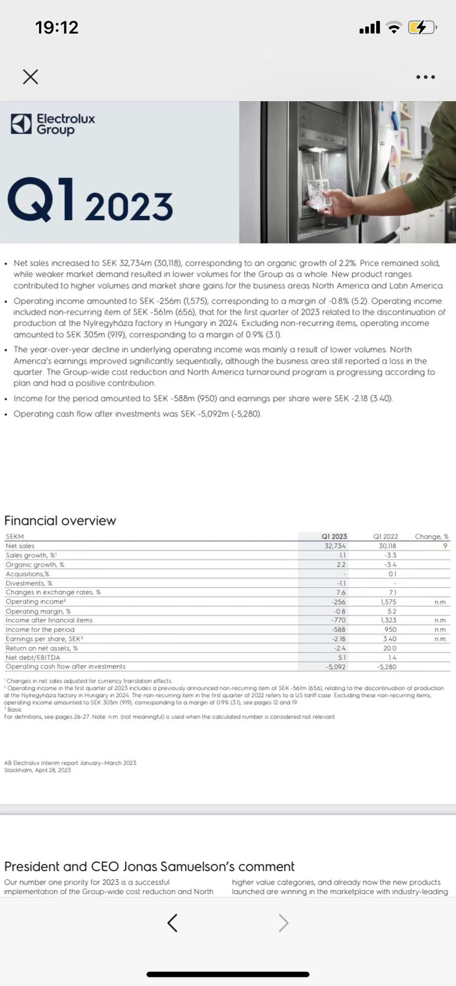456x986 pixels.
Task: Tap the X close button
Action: coord(30,77)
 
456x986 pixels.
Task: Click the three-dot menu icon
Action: coord(425,77)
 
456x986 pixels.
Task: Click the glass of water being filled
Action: coord(319,193)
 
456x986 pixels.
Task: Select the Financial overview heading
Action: coord(60,521)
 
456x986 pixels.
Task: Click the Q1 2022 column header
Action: coord(386,537)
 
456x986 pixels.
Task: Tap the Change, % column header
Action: coord(432,537)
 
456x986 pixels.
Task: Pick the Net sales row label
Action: coord(20,546)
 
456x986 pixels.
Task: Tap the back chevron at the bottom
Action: coord(173,922)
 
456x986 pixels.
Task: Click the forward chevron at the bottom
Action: coord(283,922)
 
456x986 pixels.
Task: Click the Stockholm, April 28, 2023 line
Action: coord(38,770)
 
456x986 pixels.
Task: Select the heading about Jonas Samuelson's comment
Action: coord(149,866)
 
